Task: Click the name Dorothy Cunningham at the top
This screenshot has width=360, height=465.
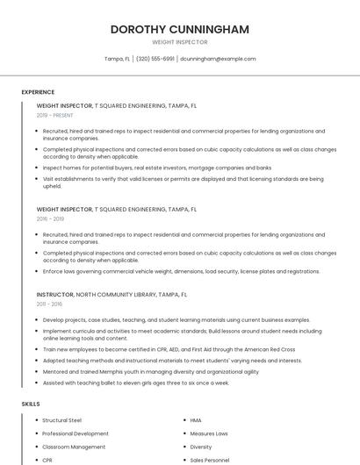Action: (179, 29)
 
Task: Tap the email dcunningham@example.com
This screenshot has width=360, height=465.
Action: (218, 59)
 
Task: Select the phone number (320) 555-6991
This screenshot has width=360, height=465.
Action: (155, 59)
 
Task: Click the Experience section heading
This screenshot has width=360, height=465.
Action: (38, 92)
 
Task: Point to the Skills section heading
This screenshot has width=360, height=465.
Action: (31, 404)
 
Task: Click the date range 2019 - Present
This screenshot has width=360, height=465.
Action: (54, 115)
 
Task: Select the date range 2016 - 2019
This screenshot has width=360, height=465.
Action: (50, 218)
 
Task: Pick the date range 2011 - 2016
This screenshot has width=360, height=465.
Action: (50, 304)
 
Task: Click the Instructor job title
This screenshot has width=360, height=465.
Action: (55, 295)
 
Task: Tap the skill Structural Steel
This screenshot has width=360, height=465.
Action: (61, 420)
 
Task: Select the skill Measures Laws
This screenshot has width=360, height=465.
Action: (209, 433)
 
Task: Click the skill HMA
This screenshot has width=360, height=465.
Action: (196, 420)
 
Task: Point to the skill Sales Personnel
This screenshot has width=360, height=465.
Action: (210, 459)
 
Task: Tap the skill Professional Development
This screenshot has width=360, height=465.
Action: (76, 433)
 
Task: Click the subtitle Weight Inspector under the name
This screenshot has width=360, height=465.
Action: (179, 41)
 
